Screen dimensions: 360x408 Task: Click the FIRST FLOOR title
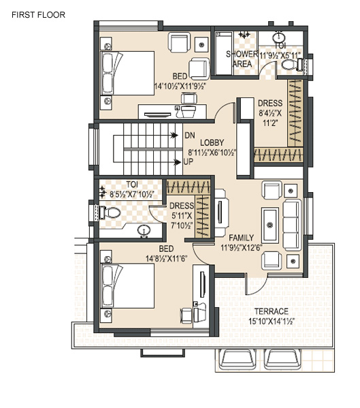39,15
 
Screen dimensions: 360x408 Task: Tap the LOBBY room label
212,142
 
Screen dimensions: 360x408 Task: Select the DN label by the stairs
189,136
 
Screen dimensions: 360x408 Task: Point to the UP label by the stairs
189,162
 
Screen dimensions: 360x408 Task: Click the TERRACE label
272,311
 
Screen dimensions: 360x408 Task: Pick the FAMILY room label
241,238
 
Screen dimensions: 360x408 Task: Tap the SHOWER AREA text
242,59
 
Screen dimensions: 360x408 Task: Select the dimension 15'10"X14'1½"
272,321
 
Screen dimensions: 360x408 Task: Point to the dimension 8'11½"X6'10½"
212,153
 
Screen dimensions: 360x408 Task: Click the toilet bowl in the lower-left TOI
110,213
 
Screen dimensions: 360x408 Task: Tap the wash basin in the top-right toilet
279,37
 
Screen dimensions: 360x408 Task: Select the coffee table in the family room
270,225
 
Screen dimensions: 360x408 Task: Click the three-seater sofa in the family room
292,225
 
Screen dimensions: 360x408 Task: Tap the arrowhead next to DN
175,136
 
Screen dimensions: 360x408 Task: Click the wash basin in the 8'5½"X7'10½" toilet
144,231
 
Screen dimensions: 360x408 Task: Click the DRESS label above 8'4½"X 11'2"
270,103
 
